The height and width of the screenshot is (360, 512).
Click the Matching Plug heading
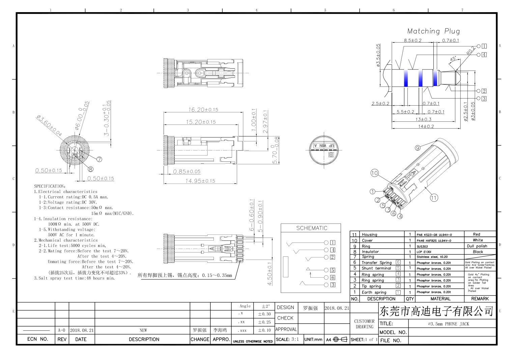pyautogui.click(x=433, y=31)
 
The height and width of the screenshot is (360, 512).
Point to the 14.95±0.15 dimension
pyautogui.click(x=200, y=181)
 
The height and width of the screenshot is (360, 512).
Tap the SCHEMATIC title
pyautogui.click(x=312, y=228)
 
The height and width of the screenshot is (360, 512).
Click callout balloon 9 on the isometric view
pyautogui.click(x=418, y=147)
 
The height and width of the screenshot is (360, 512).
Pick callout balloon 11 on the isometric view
pyautogui.click(x=434, y=198)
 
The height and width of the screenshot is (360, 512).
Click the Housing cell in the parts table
pyautogui.click(x=369, y=234)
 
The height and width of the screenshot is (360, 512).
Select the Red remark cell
pyautogui.click(x=476, y=234)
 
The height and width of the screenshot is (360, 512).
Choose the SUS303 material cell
pyautogui.click(x=422, y=246)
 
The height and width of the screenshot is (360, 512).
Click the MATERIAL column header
pyautogui.click(x=440, y=299)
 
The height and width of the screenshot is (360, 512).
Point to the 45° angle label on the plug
pyautogui.click(x=453, y=59)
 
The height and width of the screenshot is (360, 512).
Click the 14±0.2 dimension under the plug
pyautogui.click(x=426, y=127)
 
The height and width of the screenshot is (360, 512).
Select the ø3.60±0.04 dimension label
pyautogui.click(x=49, y=126)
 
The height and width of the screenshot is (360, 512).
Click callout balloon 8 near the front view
pyautogui.click(x=90, y=169)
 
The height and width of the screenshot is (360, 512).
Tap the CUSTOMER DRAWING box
pyautogui.click(x=364, y=324)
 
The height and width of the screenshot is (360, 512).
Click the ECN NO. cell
pyautogui.click(x=37, y=339)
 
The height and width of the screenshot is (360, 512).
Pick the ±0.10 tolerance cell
pyautogui.click(x=264, y=330)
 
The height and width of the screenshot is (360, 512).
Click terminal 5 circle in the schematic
pyautogui.click(x=326, y=270)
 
